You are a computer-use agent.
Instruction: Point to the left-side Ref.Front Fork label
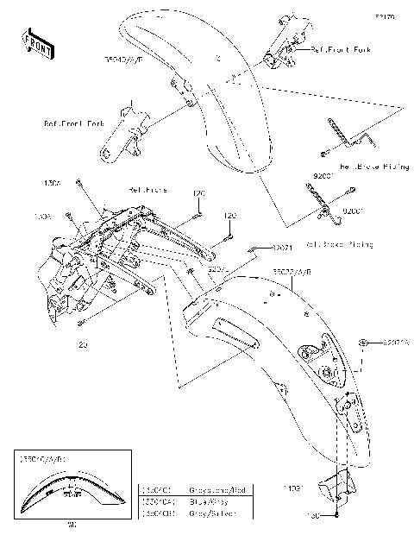(73, 123)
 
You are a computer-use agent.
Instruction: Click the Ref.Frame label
(147, 189)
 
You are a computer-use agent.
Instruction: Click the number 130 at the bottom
(315, 516)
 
